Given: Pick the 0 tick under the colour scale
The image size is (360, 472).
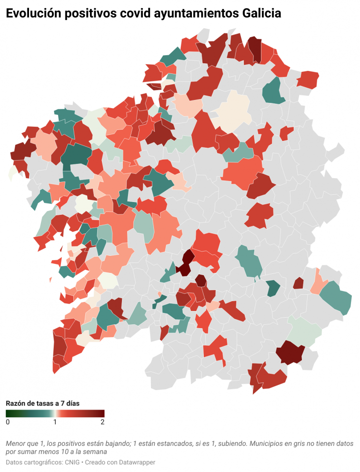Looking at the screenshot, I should [8, 422].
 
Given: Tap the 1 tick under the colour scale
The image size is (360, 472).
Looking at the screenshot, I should [55, 422].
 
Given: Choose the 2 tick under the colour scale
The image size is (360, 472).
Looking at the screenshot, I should [102, 422].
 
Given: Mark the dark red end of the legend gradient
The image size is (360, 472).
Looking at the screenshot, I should [102, 413].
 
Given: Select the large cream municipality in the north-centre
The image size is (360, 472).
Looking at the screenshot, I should [233, 110].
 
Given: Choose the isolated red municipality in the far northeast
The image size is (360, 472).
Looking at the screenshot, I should [308, 79].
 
